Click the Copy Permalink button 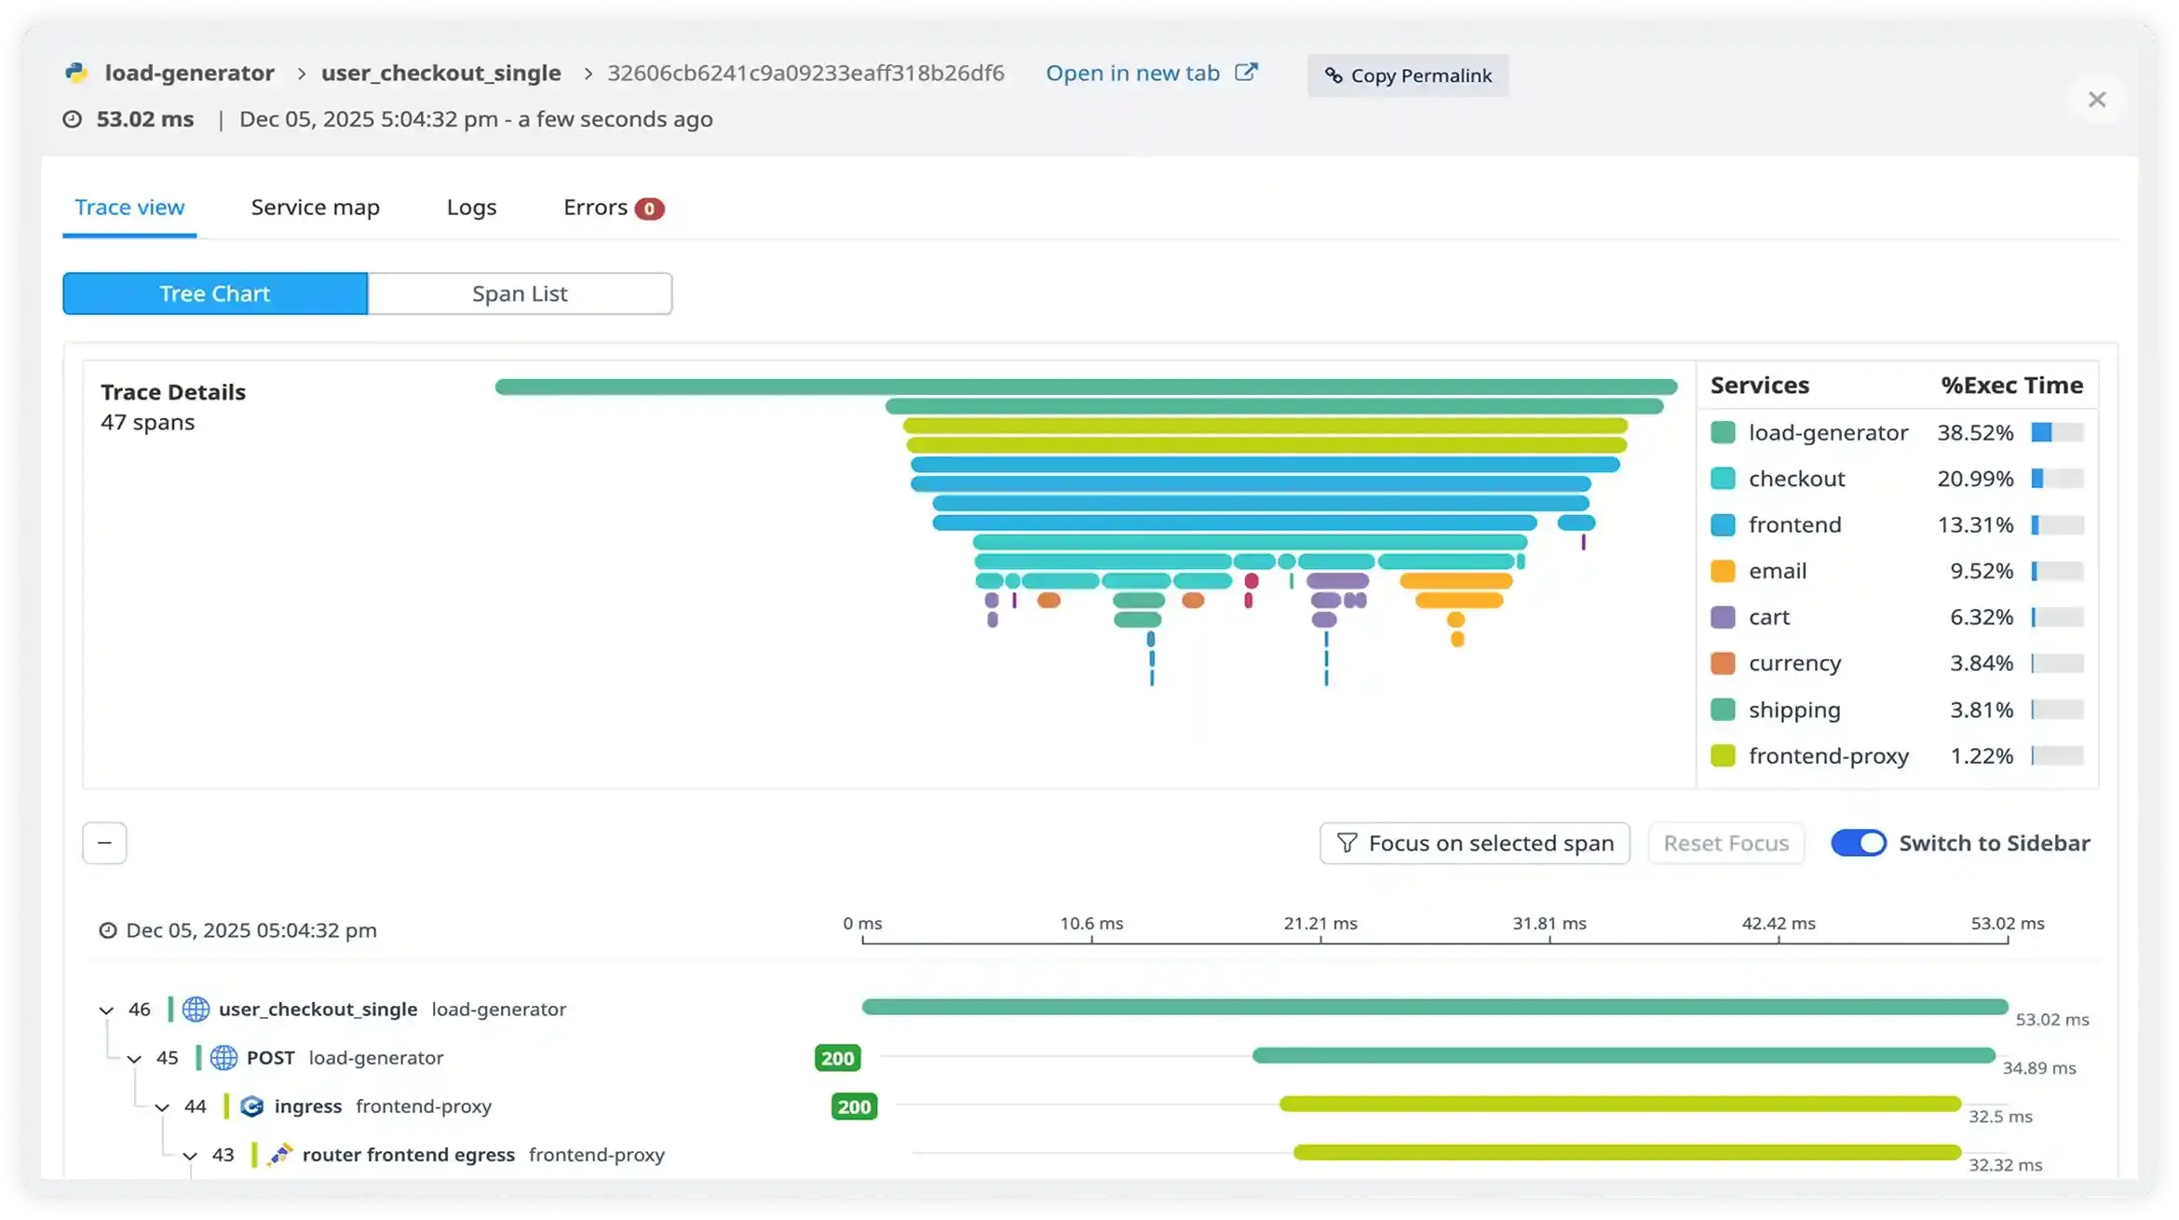coord(1407,75)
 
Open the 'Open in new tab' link coord(1150,74)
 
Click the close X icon coord(2096,100)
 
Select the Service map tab coord(315,207)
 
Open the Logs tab coord(471,207)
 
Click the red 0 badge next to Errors coord(649,209)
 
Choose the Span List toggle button coord(520,293)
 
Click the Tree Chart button coord(215,293)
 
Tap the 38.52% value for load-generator coord(1974,432)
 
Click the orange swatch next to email coord(1723,571)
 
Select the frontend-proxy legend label coord(1828,755)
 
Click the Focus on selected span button coord(1474,843)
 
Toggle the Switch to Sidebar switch coord(1858,843)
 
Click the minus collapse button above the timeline coord(104,843)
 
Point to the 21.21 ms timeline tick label coord(1320,923)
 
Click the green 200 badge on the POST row coord(837,1058)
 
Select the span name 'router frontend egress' coord(408,1155)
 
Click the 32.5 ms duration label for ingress coord(1999,1116)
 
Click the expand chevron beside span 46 coord(106,1010)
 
